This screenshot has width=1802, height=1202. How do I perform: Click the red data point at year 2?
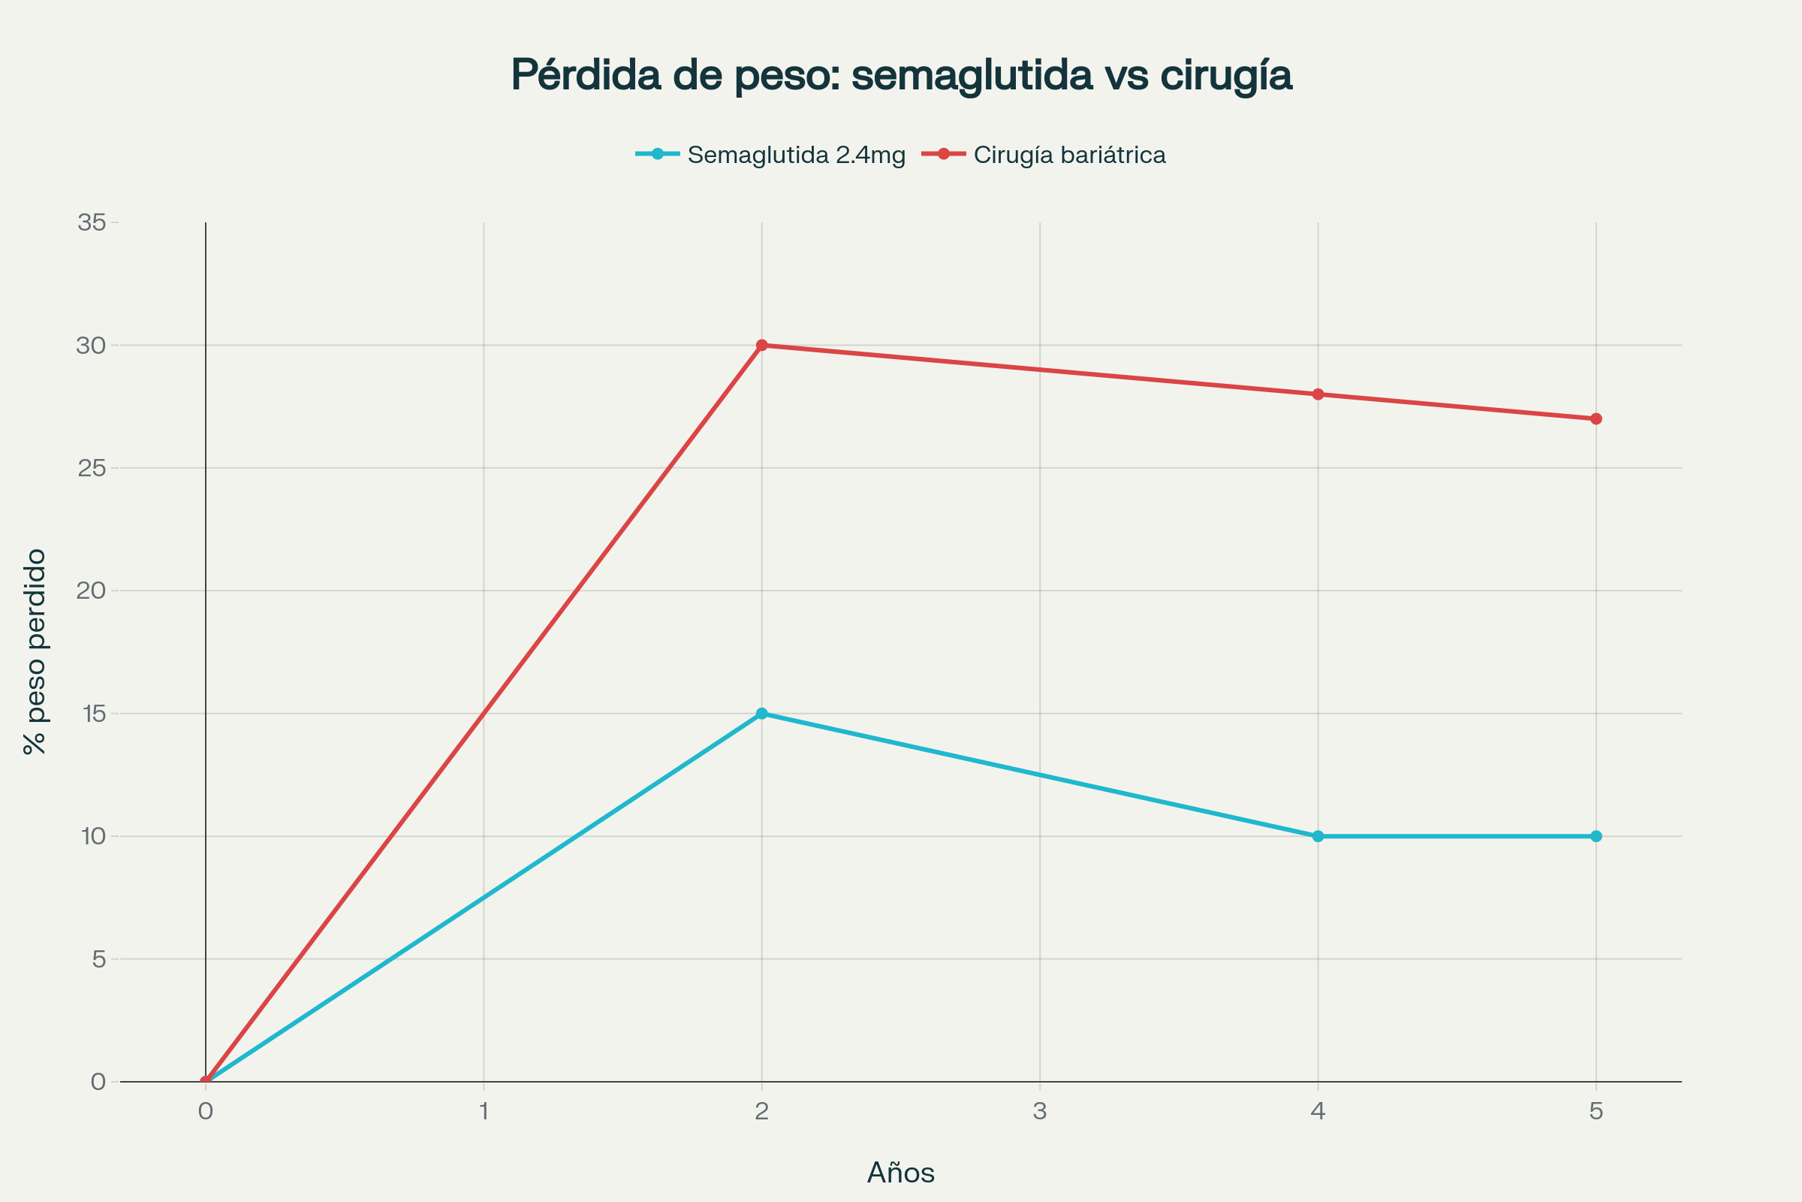click(761, 345)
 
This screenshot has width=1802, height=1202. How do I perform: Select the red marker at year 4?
click(1318, 394)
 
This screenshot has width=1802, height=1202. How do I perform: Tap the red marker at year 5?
click(1596, 418)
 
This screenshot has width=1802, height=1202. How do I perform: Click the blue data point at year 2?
click(761, 714)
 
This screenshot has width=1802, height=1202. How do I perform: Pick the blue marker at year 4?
click(1318, 836)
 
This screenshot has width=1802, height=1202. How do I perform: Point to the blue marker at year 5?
click(1596, 836)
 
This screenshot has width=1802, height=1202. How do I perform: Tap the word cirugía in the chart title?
click(1226, 75)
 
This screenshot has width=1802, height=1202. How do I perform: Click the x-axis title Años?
click(900, 1173)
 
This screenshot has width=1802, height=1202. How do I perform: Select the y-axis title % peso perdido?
click(35, 651)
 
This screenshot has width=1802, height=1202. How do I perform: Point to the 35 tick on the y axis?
click(91, 222)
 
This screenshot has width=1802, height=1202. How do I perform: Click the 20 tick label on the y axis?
click(91, 590)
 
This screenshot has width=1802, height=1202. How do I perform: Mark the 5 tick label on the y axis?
click(99, 959)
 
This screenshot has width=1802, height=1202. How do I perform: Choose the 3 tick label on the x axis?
click(1040, 1111)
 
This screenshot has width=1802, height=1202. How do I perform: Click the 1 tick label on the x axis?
click(484, 1111)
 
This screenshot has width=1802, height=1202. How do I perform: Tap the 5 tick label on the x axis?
click(1596, 1111)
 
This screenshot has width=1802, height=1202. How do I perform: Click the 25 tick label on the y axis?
click(91, 467)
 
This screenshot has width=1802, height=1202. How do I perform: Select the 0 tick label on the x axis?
click(205, 1111)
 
